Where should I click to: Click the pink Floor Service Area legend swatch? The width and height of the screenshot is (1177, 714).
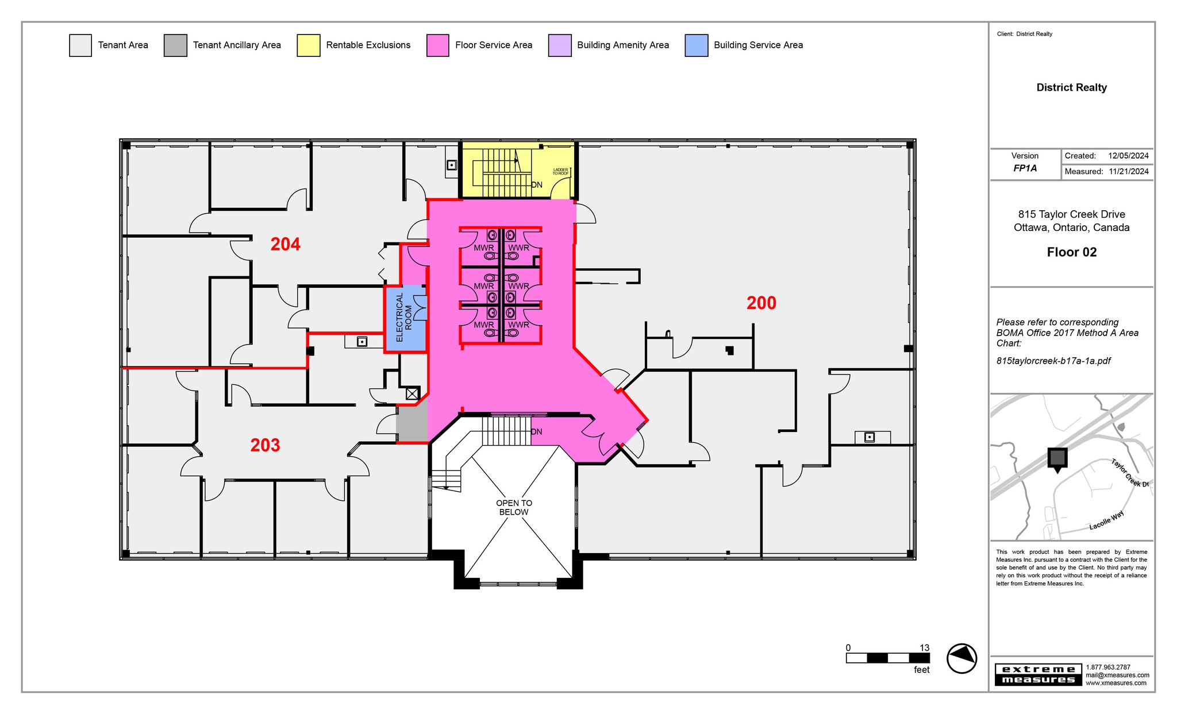click(x=437, y=45)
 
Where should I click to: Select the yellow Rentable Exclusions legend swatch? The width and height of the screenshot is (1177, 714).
click(x=308, y=45)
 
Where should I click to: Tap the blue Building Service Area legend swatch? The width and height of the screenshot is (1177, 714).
click(x=696, y=45)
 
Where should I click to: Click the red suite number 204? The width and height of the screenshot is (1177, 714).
click(x=286, y=245)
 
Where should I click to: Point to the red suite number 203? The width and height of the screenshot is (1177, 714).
click(x=265, y=445)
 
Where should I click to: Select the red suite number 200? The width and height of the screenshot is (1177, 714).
click(x=761, y=303)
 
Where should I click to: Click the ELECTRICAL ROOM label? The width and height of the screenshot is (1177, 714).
click(x=404, y=318)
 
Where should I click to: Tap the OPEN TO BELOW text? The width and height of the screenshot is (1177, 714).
click(x=514, y=507)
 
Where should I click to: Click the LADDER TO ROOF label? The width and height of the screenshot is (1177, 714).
click(x=560, y=171)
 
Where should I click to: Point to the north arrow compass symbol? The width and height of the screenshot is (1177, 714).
click(x=961, y=658)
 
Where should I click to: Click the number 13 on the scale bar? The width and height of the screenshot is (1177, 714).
click(x=924, y=648)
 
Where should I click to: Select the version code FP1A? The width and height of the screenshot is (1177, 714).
click(x=1025, y=169)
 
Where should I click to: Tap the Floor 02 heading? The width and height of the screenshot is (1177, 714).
click(x=1071, y=252)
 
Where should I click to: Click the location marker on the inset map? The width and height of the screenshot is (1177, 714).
click(x=1057, y=459)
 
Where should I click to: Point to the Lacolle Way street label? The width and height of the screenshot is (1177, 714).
click(x=1106, y=520)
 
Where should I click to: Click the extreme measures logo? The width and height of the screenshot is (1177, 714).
click(x=1038, y=674)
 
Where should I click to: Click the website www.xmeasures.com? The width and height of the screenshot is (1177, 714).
click(x=1116, y=683)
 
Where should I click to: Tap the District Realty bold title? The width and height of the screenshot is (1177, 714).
click(x=1071, y=87)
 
